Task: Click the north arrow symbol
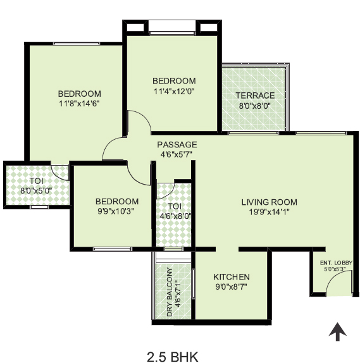[337, 332]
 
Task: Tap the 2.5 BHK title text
[173, 357]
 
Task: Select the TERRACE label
[255, 95]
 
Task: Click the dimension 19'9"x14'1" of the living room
[269, 212]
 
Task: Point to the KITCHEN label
[232, 277]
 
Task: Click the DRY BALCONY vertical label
[170, 292]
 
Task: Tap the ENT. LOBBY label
[336, 262]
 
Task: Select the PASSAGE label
[177, 144]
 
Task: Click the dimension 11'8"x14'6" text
[79, 104]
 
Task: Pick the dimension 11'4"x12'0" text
[174, 91]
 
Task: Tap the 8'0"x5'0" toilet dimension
[36, 191]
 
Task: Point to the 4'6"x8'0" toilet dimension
[176, 216]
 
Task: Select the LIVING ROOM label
[270, 202]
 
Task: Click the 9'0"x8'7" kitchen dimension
[231, 287]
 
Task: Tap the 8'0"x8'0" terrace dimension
[255, 106]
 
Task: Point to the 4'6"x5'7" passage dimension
[177, 154]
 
